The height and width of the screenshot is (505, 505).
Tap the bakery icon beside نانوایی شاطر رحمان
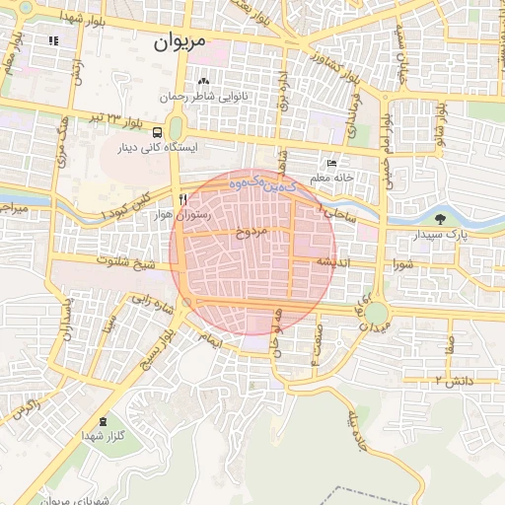203,82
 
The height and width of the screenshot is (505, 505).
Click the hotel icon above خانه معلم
331,163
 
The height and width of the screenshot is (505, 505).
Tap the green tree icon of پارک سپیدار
440,219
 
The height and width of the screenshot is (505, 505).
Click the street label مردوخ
252,236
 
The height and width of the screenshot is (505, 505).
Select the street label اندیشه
334,262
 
